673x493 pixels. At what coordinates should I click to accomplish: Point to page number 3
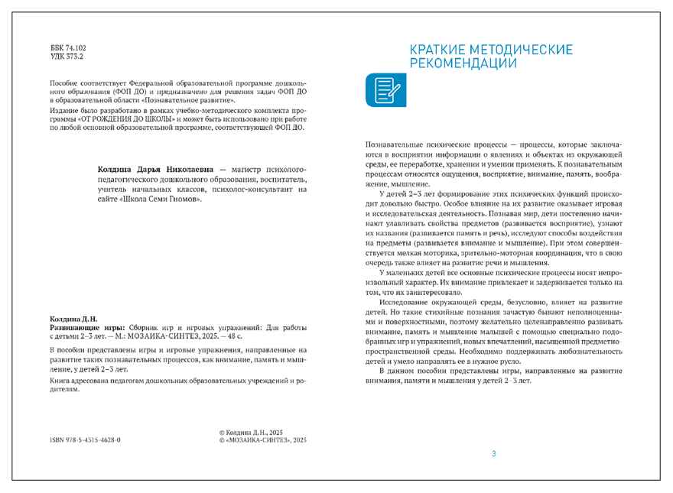pos(493,454)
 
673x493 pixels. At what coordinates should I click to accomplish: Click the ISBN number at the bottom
pos(85,441)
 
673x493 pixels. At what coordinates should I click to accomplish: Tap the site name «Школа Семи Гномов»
pos(161,199)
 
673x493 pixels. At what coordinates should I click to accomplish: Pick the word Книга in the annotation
pos(61,380)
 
